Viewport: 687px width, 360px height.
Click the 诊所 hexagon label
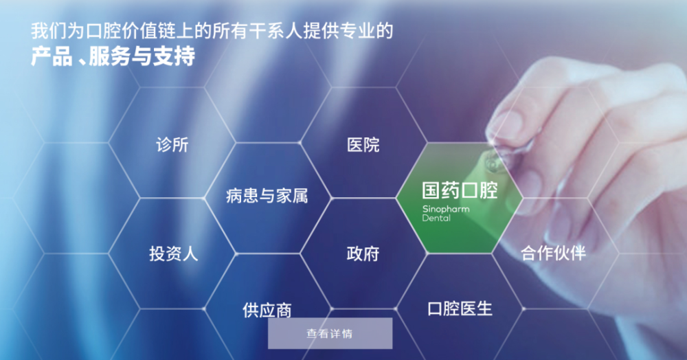172,144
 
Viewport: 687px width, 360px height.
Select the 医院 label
363,144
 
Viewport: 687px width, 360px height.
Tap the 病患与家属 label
267,196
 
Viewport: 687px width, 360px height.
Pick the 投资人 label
174,254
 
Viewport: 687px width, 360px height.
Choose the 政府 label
363,254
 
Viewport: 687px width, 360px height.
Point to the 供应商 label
267,310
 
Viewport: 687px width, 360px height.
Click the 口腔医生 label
460,308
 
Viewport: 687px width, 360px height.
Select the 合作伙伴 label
553,253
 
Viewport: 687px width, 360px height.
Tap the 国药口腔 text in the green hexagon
460,190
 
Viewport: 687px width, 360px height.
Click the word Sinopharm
446,210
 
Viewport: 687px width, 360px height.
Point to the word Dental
436,218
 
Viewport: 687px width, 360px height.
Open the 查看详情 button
330,333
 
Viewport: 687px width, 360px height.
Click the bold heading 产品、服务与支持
113,56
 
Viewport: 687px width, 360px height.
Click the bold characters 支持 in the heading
174,56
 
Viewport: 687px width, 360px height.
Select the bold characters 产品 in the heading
52,56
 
